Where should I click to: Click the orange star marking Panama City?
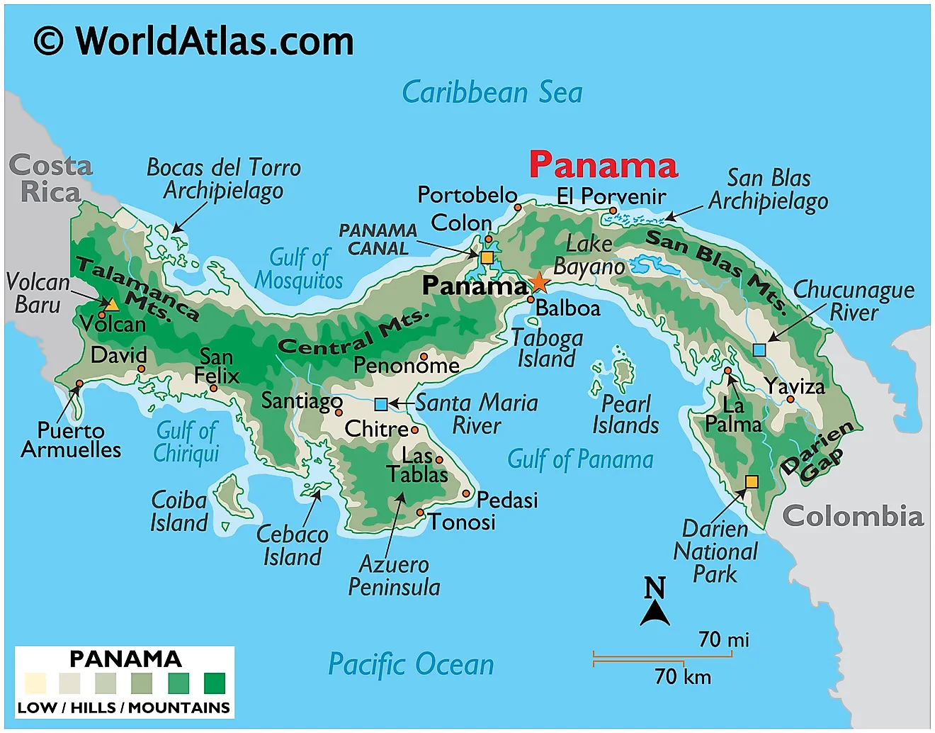(539, 282)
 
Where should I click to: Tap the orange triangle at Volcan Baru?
(112, 305)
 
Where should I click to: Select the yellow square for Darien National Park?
(752, 482)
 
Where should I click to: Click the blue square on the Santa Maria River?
(381, 404)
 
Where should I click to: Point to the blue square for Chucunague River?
(759, 349)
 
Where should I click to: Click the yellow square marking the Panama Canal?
(487, 257)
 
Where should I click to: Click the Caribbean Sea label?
(492, 93)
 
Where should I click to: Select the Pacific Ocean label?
(411, 665)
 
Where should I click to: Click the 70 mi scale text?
(723, 640)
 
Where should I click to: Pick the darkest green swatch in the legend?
(214, 683)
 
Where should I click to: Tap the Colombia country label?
(852, 516)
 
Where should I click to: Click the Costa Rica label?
(50, 179)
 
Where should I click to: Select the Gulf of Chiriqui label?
(187, 442)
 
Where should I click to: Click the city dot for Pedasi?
(466, 493)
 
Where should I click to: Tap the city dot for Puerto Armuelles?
(79, 384)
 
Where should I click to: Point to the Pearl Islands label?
(625, 414)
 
